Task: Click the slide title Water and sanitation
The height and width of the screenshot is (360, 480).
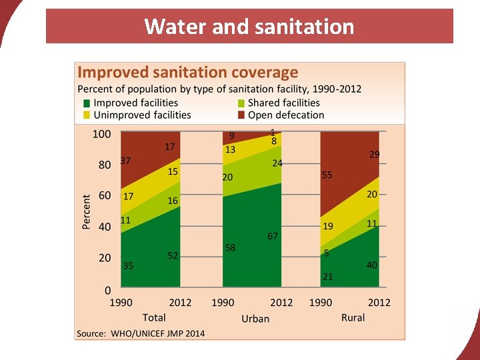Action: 249,27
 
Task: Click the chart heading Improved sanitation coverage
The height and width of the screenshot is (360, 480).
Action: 188,73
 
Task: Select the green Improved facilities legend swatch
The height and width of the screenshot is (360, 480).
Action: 86,103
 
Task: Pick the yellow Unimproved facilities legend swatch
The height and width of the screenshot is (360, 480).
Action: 86,115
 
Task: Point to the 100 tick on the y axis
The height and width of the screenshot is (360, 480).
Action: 101,134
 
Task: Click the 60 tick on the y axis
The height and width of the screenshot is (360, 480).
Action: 105,196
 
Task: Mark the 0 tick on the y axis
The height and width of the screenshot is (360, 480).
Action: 107,290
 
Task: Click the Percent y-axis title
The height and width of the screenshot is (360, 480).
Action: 87,212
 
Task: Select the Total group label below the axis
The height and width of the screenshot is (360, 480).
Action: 154,317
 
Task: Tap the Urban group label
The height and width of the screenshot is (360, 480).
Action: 255,319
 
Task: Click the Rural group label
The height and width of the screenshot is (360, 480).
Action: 353,317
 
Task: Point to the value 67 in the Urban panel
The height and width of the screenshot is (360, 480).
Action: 273,236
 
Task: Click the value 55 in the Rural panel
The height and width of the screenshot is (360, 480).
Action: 327,175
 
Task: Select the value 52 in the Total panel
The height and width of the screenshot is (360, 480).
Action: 173,256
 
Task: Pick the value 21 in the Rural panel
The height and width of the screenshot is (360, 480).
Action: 328,276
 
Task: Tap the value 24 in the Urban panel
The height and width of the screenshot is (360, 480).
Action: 277,163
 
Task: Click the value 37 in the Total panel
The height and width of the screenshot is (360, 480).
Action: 125,161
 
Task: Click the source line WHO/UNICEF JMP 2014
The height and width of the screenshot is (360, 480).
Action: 141,333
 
